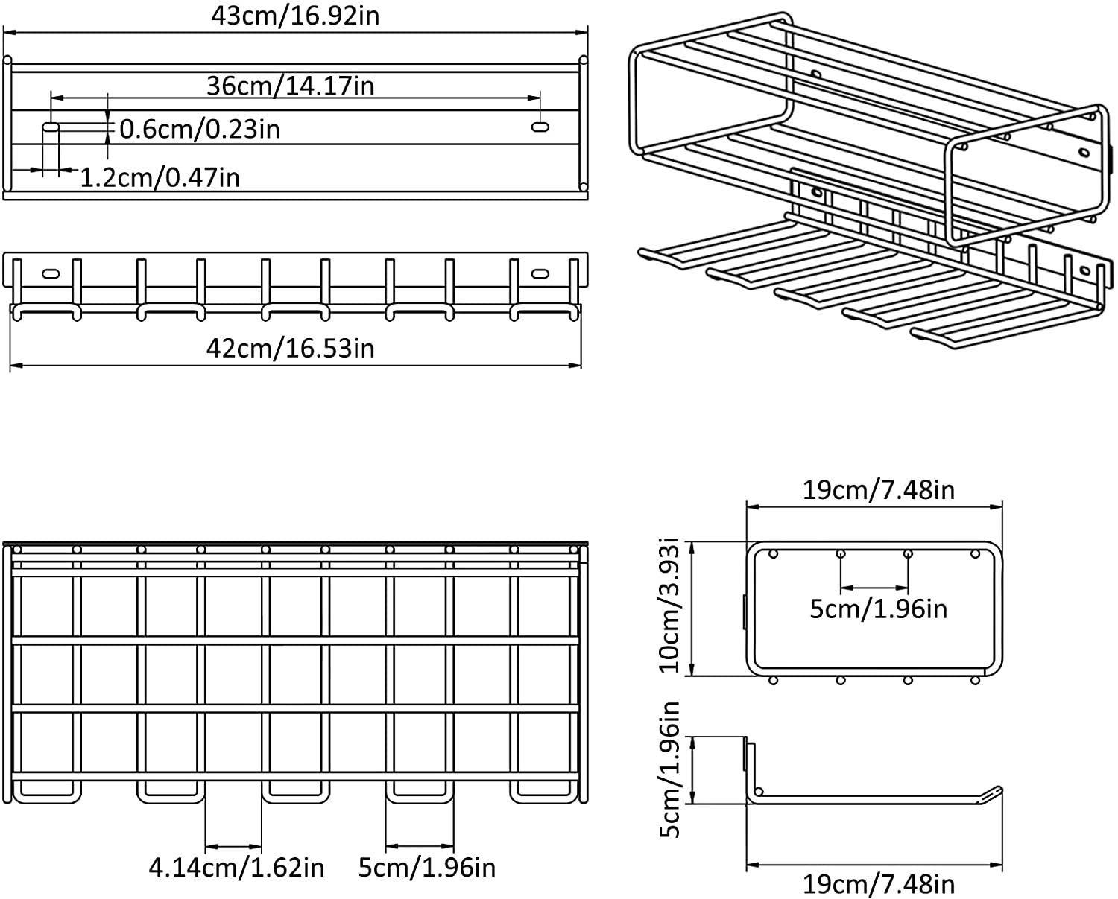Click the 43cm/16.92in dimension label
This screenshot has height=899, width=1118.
(294, 15)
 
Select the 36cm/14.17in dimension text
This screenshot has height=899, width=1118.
(291, 86)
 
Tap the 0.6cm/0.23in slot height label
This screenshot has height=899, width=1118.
(200, 129)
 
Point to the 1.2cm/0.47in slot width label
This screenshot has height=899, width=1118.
(160, 177)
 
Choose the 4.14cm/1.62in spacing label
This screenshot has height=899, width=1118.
(237, 867)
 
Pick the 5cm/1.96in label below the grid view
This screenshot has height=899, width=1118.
(427, 867)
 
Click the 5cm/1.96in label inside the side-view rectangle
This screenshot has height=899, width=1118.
(878, 609)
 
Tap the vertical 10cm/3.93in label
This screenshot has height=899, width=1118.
(675, 608)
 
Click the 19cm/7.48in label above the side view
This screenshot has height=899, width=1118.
(878, 489)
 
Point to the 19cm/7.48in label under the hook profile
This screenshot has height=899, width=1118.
(878, 884)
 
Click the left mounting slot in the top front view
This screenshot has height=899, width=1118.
(51, 127)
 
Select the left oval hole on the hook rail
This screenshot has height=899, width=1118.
(51, 273)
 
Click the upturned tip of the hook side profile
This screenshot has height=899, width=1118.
(995, 792)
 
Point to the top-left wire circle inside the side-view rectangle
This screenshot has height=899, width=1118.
(773, 554)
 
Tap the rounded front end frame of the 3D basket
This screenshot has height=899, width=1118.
(1023, 176)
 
